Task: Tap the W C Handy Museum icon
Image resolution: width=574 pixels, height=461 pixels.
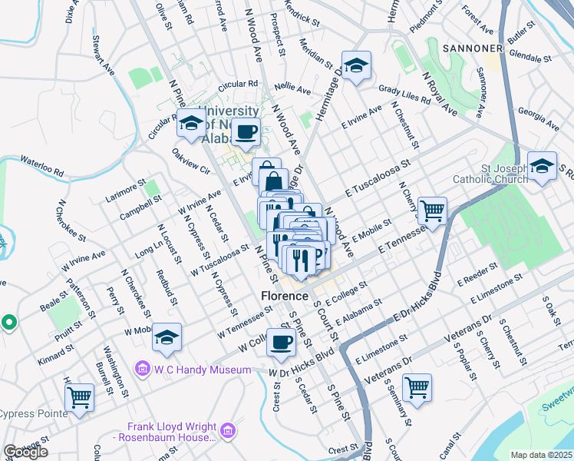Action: point(142,370)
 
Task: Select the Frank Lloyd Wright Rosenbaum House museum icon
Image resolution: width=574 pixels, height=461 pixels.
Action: point(226,432)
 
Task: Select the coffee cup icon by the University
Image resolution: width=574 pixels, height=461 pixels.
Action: point(246,132)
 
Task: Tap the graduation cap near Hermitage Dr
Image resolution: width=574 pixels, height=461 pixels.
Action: point(356,67)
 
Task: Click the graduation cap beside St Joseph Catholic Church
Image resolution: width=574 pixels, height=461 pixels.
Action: point(542,166)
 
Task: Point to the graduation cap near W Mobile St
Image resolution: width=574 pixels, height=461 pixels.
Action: point(167,337)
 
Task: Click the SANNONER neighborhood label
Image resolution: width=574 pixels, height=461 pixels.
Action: point(473,48)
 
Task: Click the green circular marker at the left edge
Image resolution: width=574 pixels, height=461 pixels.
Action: point(9,323)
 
